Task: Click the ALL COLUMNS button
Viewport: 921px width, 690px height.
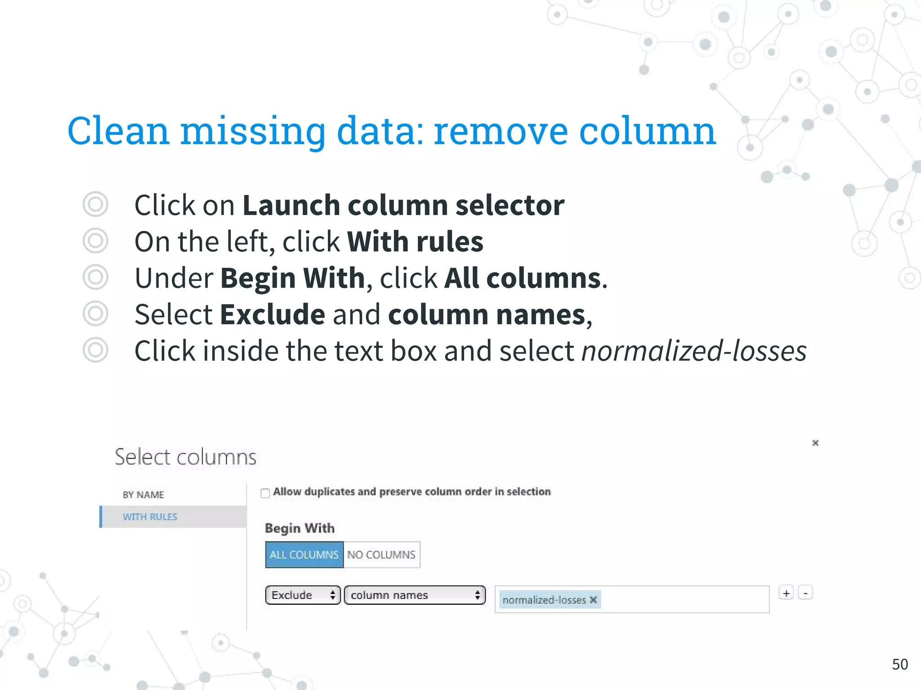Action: click(304, 555)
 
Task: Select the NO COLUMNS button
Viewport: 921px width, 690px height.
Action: click(381, 555)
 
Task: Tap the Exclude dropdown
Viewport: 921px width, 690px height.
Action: click(303, 595)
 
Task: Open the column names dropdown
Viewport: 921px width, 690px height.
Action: click(415, 595)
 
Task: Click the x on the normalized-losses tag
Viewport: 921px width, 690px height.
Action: click(594, 600)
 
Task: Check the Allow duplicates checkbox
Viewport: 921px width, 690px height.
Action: click(265, 493)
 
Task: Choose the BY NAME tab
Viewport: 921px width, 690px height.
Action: click(143, 495)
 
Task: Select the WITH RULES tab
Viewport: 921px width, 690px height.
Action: click(150, 517)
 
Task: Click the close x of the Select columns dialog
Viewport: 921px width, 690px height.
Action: click(815, 443)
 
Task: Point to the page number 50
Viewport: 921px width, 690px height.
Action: click(900, 664)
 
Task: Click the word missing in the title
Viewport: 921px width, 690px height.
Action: click(252, 131)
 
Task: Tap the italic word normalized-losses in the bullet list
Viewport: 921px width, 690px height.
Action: click(694, 351)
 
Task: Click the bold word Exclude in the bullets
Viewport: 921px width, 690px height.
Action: click(273, 314)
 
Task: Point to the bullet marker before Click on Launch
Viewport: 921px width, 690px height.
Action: click(95, 204)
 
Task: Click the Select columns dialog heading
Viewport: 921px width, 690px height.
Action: click(185, 457)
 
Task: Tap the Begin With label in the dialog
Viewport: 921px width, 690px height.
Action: click(300, 528)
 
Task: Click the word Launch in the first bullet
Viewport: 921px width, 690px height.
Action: click(291, 205)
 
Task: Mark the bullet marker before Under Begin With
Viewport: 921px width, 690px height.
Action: click(95, 277)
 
